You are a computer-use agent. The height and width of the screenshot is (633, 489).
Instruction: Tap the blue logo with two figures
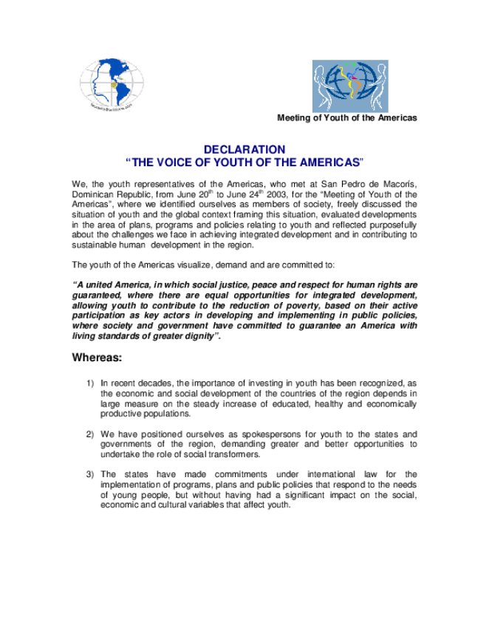tap(349, 86)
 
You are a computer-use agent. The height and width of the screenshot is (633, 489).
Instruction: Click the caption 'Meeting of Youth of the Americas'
tap(346, 118)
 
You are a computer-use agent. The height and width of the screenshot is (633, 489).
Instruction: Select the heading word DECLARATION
tap(244, 149)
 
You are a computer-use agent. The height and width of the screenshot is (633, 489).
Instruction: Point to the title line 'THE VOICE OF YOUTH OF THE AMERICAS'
tap(244, 162)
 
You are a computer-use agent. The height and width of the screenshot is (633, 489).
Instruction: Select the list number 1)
tap(89, 383)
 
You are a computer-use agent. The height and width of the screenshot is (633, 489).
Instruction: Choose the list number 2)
tap(89, 434)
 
